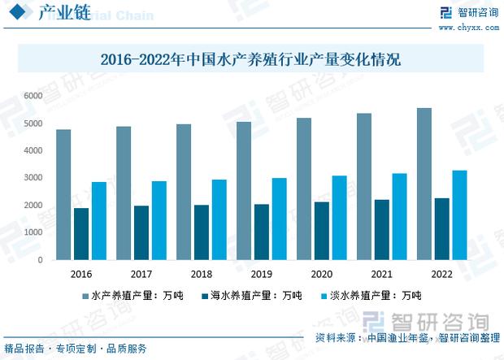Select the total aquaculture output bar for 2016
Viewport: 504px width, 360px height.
(x=63, y=194)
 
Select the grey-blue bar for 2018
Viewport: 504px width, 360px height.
(x=184, y=192)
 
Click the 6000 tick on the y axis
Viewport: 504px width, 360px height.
(x=33, y=96)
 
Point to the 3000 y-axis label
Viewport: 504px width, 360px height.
(x=33, y=178)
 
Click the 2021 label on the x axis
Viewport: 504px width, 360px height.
(x=380, y=274)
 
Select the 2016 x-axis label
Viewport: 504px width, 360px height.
(x=81, y=274)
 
